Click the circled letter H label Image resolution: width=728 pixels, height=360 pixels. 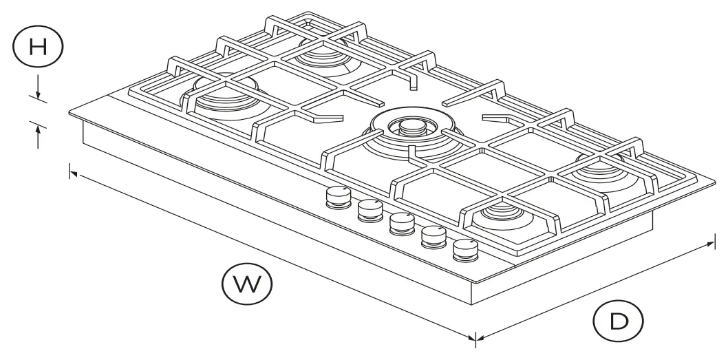click(38, 47)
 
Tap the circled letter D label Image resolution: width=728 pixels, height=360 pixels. click(618, 320)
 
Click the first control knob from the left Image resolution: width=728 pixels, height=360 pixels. click(336, 198)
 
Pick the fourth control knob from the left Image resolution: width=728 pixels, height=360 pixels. click(433, 236)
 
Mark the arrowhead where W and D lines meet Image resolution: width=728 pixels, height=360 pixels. click(474, 337)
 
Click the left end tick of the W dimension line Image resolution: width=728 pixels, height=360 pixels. click(69, 171)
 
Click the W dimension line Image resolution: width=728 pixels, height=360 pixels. click(275, 255)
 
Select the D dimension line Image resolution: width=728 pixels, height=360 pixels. click(595, 289)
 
